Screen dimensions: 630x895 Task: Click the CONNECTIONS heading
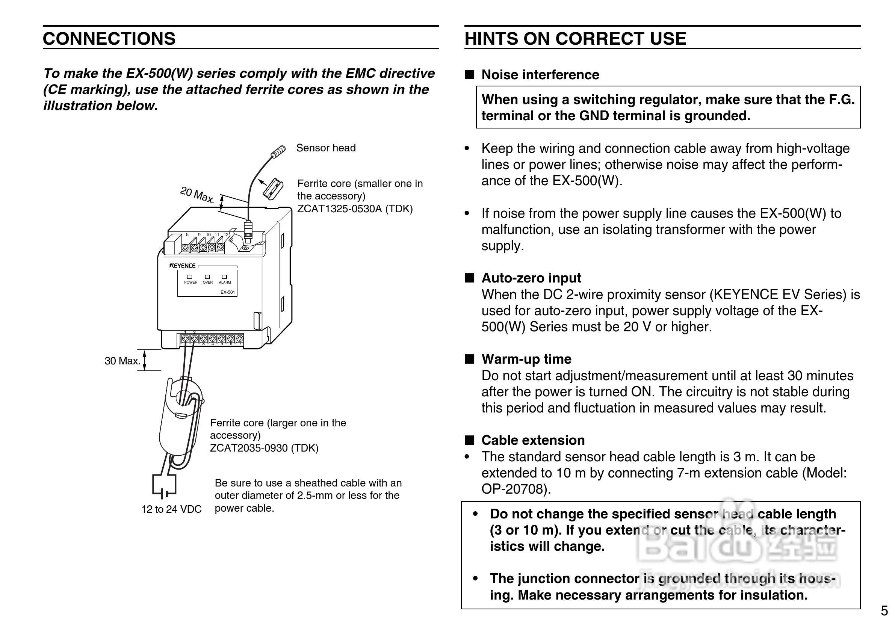point(109,39)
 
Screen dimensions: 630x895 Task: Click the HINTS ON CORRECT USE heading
point(575,39)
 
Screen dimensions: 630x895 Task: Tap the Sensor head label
point(326,148)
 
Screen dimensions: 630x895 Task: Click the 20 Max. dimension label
point(197,195)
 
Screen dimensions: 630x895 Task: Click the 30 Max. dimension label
point(122,361)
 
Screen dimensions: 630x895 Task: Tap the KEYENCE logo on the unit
point(183,266)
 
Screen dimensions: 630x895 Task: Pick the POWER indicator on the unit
point(190,277)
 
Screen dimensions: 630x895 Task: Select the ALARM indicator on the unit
point(225,277)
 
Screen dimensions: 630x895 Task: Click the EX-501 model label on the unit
point(228,292)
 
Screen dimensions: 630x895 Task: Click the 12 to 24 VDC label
point(171,509)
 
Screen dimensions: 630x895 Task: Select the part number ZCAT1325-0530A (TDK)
point(355,209)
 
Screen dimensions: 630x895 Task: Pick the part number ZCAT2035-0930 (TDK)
point(264,448)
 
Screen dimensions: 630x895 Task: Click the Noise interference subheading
point(540,75)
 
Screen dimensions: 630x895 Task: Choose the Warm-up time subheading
point(526,359)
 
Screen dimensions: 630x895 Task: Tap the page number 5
point(884,610)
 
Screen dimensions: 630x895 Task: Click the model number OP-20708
point(514,489)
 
